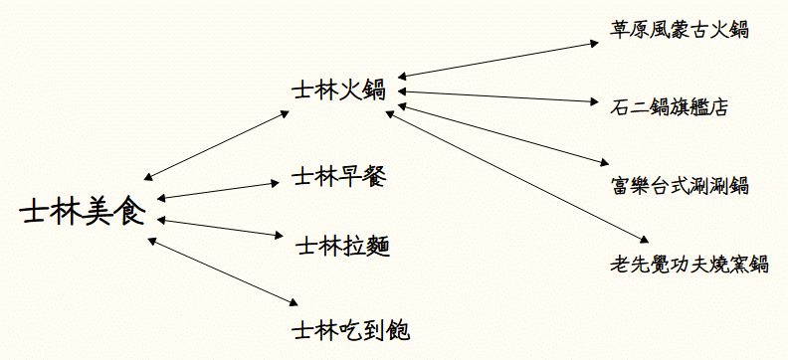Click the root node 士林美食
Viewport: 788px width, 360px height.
tap(82, 213)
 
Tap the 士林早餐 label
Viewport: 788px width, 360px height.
tap(337, 177)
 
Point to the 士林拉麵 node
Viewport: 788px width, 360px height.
tap(342, 244)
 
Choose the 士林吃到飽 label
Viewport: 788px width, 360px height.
tap(348, 329)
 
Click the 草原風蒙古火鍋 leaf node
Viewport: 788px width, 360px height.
tap(680, 30)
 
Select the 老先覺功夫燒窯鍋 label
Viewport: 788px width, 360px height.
tap(689, 264)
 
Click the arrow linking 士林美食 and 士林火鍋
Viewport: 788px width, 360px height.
tap(214, 142)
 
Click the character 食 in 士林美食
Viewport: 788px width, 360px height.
tap(130, 213)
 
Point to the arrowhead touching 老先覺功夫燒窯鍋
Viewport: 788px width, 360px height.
tap(645, 240)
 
